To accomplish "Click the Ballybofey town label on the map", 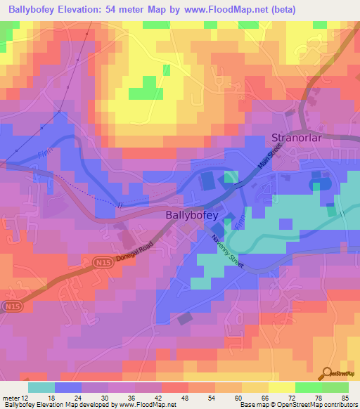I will pos(192,216).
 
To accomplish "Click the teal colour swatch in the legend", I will pos(41,387).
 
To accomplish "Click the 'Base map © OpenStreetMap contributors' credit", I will pos(298,405).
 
